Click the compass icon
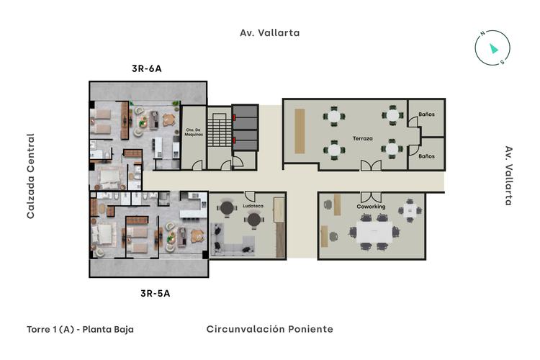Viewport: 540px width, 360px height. point(492,48)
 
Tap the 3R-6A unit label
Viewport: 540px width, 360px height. point(146,69)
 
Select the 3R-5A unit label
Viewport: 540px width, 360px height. point(155,293)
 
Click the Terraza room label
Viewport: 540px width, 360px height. point(362,138)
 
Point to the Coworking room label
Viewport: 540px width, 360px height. point(371,207)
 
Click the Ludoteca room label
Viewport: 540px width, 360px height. point(253,206)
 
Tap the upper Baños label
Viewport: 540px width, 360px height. point(426,114)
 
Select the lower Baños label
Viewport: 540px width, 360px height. point(426,156)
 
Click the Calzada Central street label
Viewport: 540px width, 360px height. point(31,176)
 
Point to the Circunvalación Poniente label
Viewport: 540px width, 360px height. point(269,329)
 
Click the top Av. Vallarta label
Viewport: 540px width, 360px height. point(269,32)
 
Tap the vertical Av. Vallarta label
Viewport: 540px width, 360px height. point(508,176)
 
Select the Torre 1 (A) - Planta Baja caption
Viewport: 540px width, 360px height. point(80,329)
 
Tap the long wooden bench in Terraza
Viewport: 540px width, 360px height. point(300,130)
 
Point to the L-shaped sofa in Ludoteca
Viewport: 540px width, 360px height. point(231,240)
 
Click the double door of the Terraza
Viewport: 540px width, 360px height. point(372,166)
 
